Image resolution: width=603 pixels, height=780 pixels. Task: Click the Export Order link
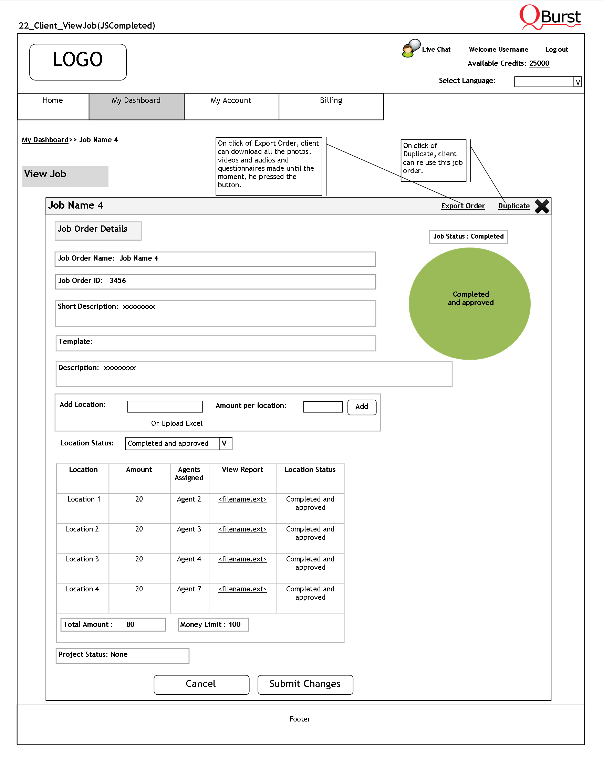(x=462, y=206)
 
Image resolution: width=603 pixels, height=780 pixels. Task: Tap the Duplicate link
(x=513, y=206)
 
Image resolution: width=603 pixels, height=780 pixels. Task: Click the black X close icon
(x=542, y=206)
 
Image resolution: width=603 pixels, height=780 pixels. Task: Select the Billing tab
(x=331, y=101)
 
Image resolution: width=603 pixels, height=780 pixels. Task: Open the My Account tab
(x=231, y=101)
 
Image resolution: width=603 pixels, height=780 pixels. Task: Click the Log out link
(x=556, y=49)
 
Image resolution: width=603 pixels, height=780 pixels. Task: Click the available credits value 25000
(x=539, y=63)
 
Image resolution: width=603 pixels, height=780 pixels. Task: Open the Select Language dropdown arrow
(x=577, y=82)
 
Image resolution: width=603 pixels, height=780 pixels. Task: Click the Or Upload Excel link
(x=176, y=423)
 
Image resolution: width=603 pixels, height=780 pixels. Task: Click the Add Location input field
(x=165, y=407)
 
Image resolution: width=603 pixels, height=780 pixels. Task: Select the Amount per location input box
(x=323, y=407)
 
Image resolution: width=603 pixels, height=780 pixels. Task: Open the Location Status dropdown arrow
(x=225, y=443)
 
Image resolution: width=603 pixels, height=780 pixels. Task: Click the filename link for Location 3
(x=242, y=559)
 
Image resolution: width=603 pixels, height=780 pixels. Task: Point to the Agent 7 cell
(x=189, y=589)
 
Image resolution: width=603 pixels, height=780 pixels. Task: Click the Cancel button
(x=201, y=684)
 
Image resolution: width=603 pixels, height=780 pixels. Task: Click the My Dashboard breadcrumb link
(x=45, y=140)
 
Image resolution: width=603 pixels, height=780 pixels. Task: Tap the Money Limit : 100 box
(x=213, y=624)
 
